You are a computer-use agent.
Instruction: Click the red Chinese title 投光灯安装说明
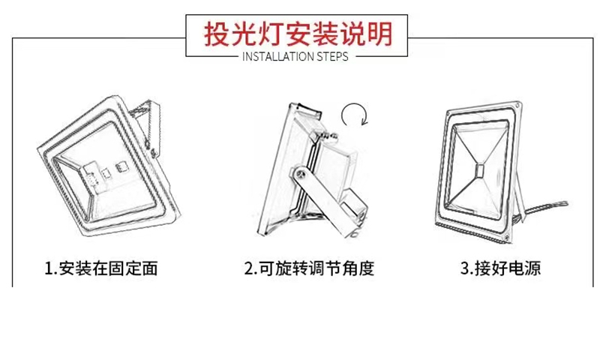(298, 34)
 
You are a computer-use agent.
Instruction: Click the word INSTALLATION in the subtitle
(273, 57)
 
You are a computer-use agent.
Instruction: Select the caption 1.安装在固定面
(101, 268)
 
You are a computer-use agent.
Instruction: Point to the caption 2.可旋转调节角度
(309, 268)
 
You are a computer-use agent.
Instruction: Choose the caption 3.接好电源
(500, 268)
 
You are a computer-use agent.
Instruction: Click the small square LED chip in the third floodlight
(479, 170)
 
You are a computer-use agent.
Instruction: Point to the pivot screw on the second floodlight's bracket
(301, 175)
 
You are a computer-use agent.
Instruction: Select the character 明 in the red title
(380, 34)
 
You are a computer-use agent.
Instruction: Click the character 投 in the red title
(217, 34)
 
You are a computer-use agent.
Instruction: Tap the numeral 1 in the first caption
(49, 268)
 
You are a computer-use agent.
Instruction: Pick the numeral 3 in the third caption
(464, 268)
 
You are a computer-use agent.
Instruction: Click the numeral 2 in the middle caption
(249, 268)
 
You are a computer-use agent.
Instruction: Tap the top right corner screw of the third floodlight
(517, 105)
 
